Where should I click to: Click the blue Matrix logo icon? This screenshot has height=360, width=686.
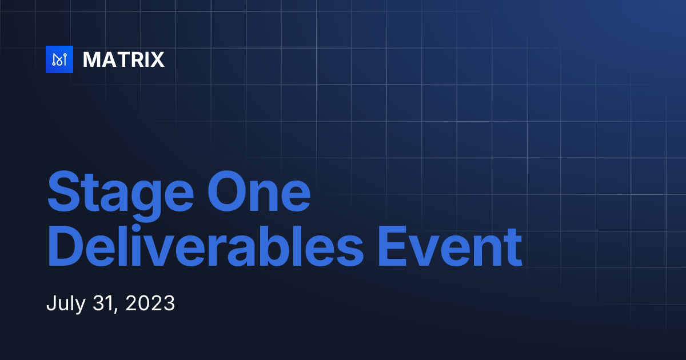tap(59, 59)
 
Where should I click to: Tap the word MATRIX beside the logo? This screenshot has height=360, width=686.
tap(123, 59)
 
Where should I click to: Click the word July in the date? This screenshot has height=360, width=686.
tap(65, 303)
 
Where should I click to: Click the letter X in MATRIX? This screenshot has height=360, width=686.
tap(157, 59)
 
